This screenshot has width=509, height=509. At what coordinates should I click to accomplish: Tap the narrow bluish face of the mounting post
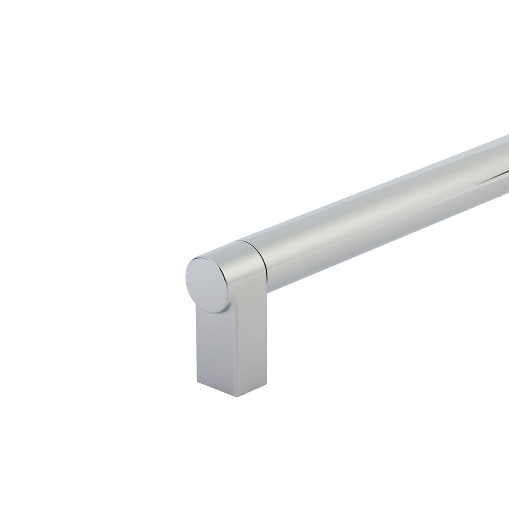(x=209, y=346)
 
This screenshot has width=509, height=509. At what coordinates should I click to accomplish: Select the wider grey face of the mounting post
(x=244, y=346)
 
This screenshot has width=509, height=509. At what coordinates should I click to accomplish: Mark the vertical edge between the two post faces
(x=223, y=351)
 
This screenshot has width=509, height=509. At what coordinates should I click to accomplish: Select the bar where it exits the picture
(x=504, y=168)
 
